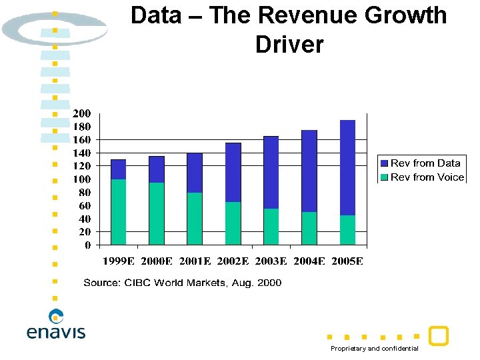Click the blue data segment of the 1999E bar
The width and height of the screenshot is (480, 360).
coord(118,169)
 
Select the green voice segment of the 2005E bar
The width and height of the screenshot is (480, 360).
coord(348,230)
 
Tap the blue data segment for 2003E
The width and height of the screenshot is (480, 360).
coord(271,173)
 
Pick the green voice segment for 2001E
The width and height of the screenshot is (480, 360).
coord(195,219)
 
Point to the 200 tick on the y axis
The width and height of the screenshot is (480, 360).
coord(82,113)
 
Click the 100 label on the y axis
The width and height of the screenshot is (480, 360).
coord(82,179)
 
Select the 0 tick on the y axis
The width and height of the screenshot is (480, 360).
coord(88,245)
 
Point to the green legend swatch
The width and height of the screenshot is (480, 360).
coord(384,177)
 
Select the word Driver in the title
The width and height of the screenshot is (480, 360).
coord(289,45)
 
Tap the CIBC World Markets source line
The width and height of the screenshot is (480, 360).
coord(182,283)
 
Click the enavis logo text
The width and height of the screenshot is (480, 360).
coord(56,331)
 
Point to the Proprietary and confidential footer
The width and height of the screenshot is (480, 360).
coord(375,349)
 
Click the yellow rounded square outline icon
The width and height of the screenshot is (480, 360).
coord(438,336)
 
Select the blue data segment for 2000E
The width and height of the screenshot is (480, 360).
coord(156,169)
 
